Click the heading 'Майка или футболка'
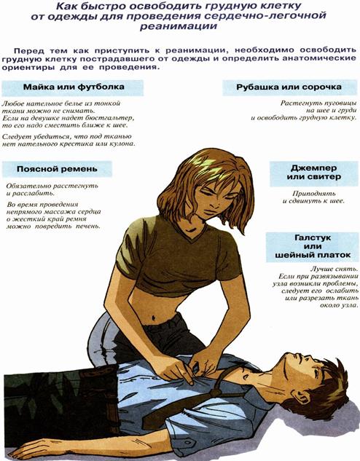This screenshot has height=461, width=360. pos(74,87)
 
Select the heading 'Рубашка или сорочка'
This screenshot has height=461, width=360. pos(289,87)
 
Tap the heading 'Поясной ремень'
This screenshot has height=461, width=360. pos(57,169)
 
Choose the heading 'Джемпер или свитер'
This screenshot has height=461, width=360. pos(314,173)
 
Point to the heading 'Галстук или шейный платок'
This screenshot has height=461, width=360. pos(313,246)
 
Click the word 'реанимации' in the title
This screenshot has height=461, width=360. pos(179,26)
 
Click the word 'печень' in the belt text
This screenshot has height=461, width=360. pos(88,226)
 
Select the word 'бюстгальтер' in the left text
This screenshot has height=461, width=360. pos(109,118)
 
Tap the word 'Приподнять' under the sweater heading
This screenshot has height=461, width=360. pos(314,194)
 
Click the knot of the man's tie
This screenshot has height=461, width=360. pos(216,393)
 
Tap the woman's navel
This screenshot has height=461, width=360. pos(154,318)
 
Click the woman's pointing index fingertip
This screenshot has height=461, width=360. pos(191,382)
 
